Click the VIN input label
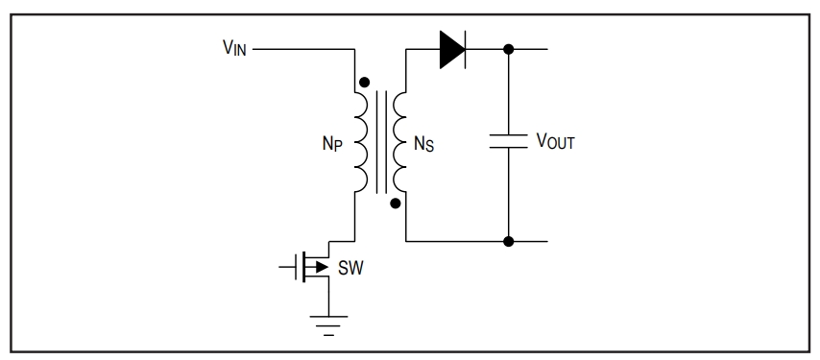pos(234,48)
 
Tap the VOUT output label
pos(555,141)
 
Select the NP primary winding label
pos(332,144)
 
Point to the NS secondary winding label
pos(423,144)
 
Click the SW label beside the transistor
pos(350,268)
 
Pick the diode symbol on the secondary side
pos(452,50)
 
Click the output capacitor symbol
pos(508,141)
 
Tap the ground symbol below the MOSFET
pos(328,325)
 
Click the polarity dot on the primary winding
pos(365,83)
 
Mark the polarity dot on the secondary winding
pos(396,204)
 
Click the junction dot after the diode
pos(508,50)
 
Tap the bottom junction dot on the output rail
pos(508,241)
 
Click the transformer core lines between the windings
pos(382,142)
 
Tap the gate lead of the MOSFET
pos(287,267)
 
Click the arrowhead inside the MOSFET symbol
pos(322,267)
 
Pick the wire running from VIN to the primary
pos(303,50)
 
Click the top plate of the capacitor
pos(508,135)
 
